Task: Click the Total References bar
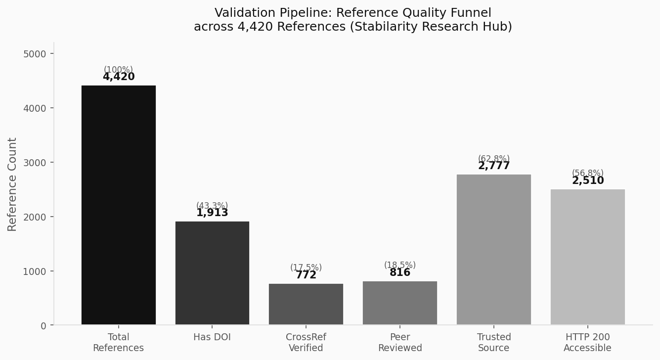click(x=118, y=205)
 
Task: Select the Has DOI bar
click(x=212, y=273)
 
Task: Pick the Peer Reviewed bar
click(x=400, y=303)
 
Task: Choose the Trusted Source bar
click(x=494, y=250)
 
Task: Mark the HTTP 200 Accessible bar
click(x=588, y=257)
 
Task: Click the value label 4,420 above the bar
click(x=119, y=77)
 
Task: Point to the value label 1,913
click(x=212, y=213)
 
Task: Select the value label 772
click(x=306, y=275)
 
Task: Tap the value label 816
click(x=400, y=273)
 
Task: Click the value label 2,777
click(x=494, y=166)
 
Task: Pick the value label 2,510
click(x=588, y=181)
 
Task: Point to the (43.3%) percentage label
click(x=212, y=205)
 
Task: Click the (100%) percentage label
click(x=118, y=70)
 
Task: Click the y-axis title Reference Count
click(x=12, y=184)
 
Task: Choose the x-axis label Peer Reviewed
click(x=400, y=343)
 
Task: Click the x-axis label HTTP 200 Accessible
click(x=588, y=343)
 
